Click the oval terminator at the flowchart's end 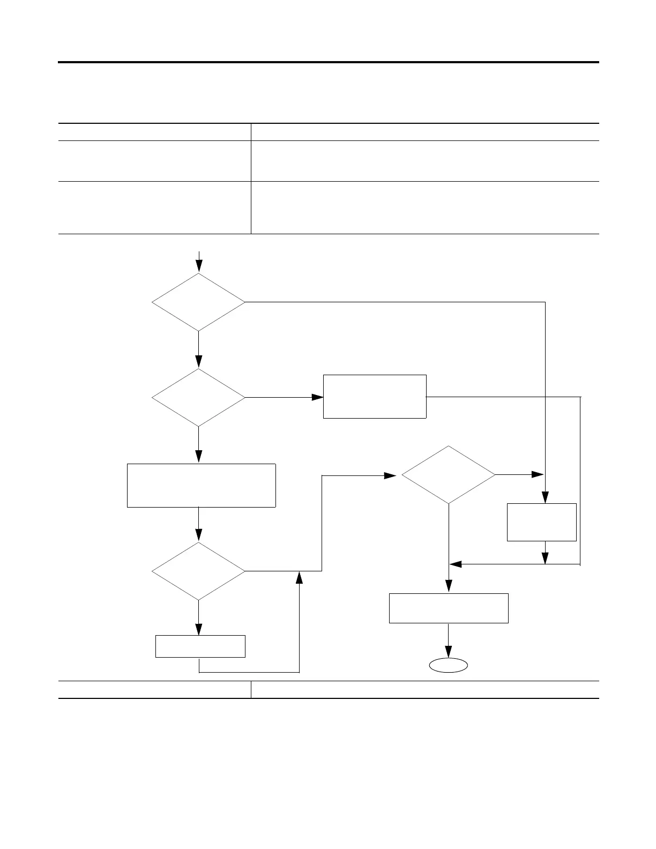point(448,665)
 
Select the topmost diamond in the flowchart point(198,302)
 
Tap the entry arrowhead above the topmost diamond point(199,266)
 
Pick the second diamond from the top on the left point(198,398)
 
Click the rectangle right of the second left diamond point(375,397)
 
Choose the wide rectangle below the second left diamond point(201,486)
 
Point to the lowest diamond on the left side point(198,571)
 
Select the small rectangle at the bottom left point(200,646)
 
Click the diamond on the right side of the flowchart point(449,475)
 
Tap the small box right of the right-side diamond point(541,522)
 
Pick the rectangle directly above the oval point(448,608)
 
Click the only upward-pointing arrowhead point(299,577)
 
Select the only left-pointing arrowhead point(456,564)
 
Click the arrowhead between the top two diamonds point(199,362)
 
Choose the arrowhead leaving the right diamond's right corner point(538,475)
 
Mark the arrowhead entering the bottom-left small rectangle point(199,629)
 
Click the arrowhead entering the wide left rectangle point(199,457)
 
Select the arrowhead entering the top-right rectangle point(318,397)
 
